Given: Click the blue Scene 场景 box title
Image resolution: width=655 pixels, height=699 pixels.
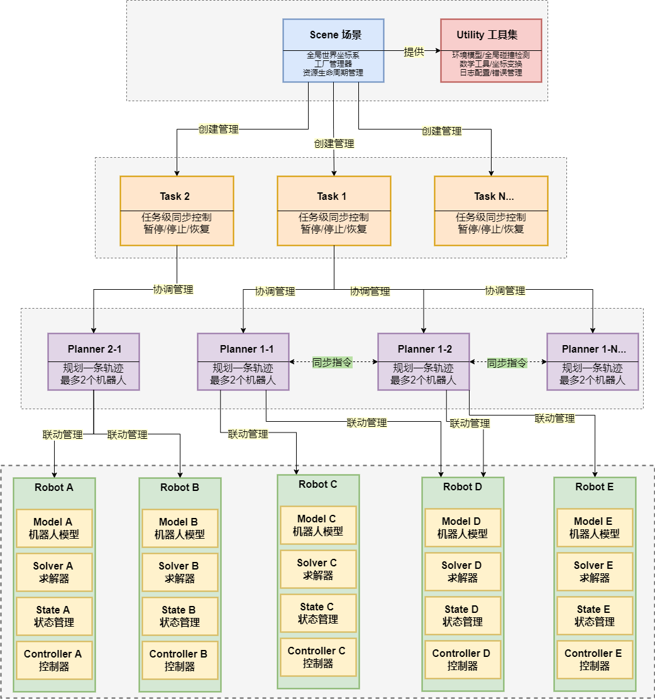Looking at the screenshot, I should [333, 35].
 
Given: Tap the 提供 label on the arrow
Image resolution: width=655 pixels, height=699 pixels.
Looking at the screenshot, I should [414, 52].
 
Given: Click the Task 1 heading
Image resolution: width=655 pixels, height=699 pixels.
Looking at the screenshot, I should [333, 196].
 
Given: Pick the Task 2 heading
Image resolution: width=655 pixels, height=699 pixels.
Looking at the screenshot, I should [176, 196].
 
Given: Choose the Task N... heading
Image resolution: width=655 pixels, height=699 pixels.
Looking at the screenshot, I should [490, 196].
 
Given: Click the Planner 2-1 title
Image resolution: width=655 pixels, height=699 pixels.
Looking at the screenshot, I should [94, 349].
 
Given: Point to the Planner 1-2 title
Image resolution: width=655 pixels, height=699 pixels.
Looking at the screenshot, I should [424, 349].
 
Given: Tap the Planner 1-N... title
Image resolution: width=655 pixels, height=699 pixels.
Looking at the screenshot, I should [593, 349].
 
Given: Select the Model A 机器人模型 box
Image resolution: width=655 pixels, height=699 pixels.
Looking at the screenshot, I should [54, 528].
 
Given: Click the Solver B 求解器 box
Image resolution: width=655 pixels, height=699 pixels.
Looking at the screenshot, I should [180, 572].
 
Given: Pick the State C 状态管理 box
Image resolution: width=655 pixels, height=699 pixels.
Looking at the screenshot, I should [317, 613].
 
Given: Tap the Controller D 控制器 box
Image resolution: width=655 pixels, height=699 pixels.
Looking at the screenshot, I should [463, 659].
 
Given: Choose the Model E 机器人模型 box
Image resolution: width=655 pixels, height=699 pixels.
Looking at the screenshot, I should [595, 527].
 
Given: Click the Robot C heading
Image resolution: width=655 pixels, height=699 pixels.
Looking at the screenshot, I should [317, 484].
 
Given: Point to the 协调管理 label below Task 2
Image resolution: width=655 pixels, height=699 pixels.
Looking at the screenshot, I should [173, 290].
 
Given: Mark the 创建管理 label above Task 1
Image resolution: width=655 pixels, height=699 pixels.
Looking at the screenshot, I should [334, 143].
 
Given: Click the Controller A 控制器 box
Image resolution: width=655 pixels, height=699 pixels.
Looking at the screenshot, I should [54, 660].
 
